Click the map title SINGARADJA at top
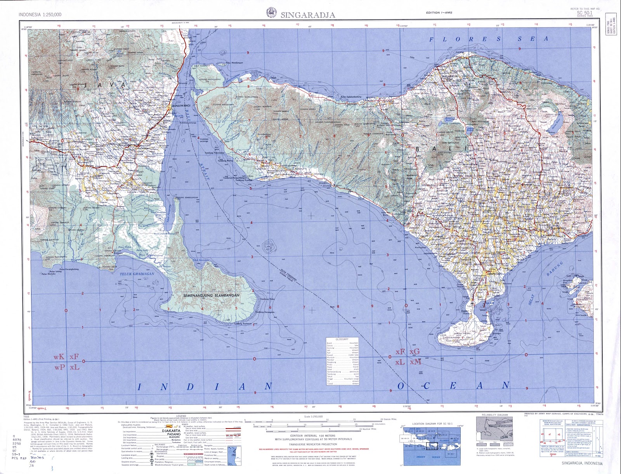pyautogui.click(x=308, y=15)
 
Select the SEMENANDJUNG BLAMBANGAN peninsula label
pyautogui.click(x=211, y=295)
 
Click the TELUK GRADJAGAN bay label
pyautogui.click(x=137, y=274)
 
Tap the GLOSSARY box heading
pyautogui.click(x=342, y=339)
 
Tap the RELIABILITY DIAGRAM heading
pyautogui.click(x=494, y=415)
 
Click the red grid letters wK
pyautogui.click(x=59, y=357)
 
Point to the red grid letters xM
pyautogui.click(x=415, y=362)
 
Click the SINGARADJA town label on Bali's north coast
pyautogui.click(x=450, y=76)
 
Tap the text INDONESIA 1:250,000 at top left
pyautogui.click(x=40, y=15)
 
